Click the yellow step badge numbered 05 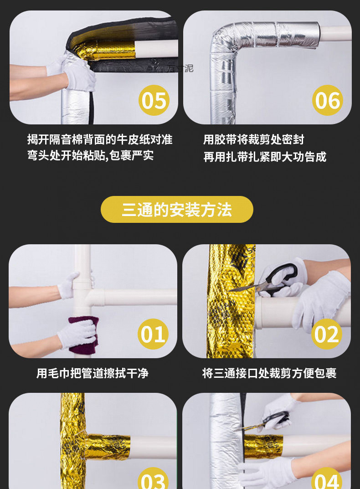(154, 100)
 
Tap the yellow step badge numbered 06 (327, 100)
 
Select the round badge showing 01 (153, 334)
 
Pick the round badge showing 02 (327, 334)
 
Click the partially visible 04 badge (327, 479)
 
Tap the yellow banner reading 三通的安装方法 (177, 210)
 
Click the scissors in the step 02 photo (269, 280)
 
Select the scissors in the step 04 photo (269, 422)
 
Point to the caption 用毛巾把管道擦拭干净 (93, 374)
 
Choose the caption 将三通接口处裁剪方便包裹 (269, 374)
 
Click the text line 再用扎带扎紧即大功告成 (265, 157)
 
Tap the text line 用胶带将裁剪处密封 (253, 139)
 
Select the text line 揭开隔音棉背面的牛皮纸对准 (100, 139)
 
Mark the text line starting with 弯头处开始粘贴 (90, 156)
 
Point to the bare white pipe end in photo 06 (335, 33)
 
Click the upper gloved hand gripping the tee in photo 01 (69, 284)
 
